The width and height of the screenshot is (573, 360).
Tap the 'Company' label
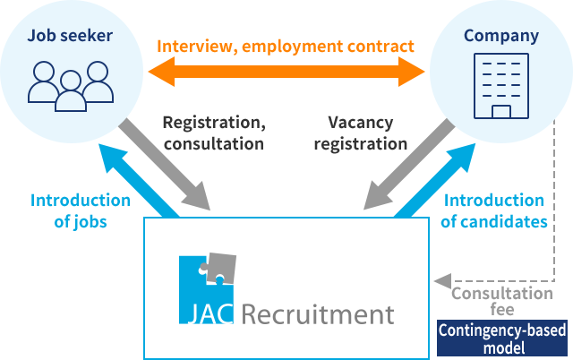point(501,36)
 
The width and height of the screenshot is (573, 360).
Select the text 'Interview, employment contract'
point(286,45)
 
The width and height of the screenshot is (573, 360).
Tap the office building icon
point(500,85)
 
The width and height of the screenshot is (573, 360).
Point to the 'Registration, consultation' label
point(213,132)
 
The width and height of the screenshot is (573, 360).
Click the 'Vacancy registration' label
point(367,132)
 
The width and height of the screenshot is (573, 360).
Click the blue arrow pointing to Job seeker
point(134,175)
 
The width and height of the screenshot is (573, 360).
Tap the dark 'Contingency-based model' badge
point(502,339)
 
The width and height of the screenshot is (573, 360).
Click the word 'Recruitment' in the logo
point(317,314)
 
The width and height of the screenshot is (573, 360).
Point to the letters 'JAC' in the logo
point(209,315)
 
